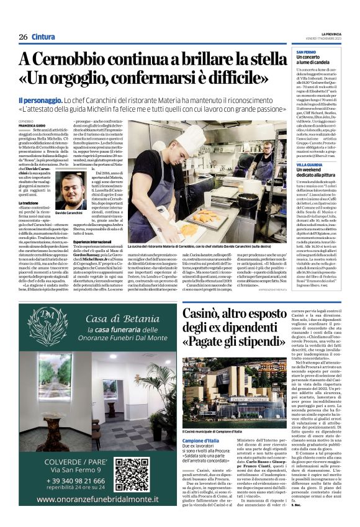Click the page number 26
23,37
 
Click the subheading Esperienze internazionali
96,240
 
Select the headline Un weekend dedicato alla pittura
316,174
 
